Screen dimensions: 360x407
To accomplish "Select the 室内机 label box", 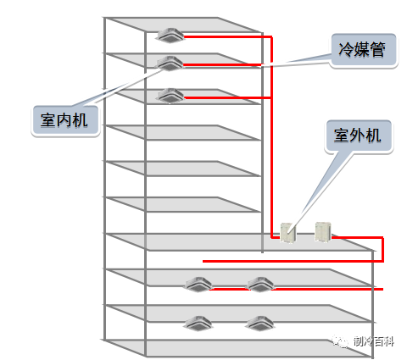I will pyautogui.click(x=64, y=119).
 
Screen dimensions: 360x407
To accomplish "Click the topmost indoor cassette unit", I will pyautogui.click(x=170, y=35).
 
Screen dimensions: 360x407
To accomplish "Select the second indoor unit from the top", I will pyautogui.click(x=170, y=63).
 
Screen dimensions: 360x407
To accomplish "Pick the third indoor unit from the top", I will pyautogui.click(x=170, y=95).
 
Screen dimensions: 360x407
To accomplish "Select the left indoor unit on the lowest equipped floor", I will pyautogui.click(x=198, y=322).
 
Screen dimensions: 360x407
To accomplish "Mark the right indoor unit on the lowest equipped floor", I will pyautogui.click(x=259, y=322).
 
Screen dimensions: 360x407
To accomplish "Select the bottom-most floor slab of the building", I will pyautogui.click(x=237, y=347).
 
